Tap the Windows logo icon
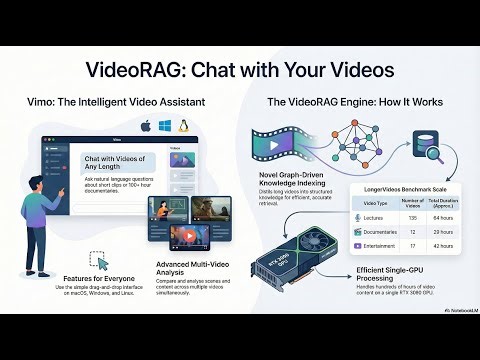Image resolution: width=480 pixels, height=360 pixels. click(166, 126)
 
